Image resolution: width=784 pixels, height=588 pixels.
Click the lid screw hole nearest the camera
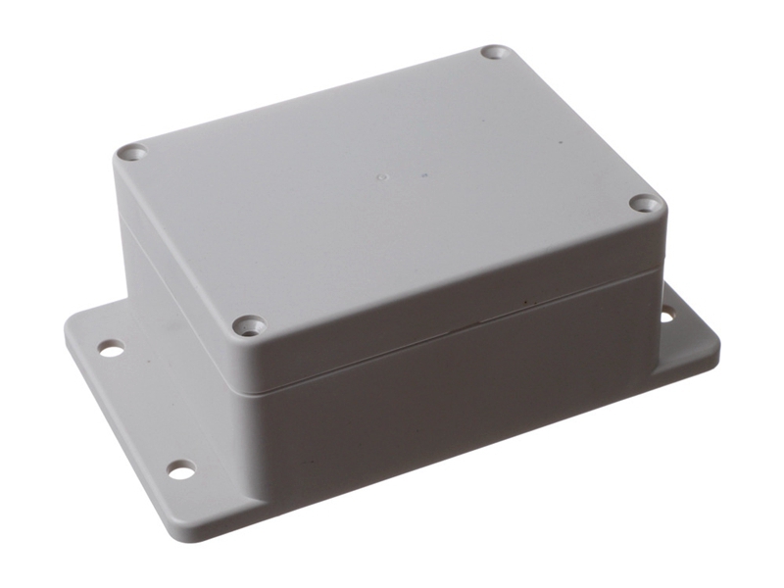pyautogui.click(x=250, y=324)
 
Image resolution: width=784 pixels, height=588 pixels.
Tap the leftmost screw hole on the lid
pyautogui.click(x=131, y=153)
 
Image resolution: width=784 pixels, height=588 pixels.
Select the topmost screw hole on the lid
pyautogui.click(x=495, y=51)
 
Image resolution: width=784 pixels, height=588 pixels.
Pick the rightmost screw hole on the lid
pyautogui.click(x=643, y=203)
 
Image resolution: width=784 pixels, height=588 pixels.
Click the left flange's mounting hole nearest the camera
pyautogui.click(x=181, y=470)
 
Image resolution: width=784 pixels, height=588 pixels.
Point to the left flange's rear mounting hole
pyautogui.click(x=111, y=348)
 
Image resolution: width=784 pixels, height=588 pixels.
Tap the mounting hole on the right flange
pyautogui.click(x=667, y=315)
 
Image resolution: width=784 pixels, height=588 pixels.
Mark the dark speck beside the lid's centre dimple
pyautogui.click(x=424, y=176)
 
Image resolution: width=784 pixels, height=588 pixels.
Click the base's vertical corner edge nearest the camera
pyautogui.click(x=257, y=461)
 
